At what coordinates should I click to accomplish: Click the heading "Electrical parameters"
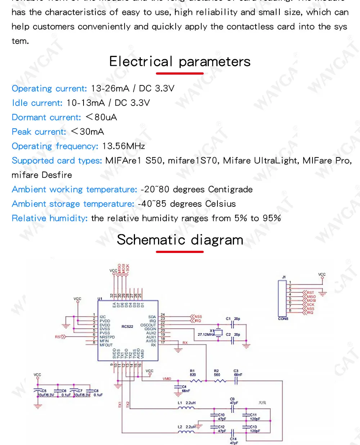pyautogui.click(x=180, y=62)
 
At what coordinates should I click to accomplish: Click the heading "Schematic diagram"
pyautogui.click(x=180, y=240)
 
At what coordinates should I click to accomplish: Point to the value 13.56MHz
pyautogui.click(x=123, y=146)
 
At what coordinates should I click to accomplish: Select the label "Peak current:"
pyautogui.click(x=39, y=132)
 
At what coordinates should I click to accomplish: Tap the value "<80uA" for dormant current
pyautogui.click(x=101, y=117)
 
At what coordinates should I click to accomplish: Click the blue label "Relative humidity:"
pyautogui.click(x=50, y=218)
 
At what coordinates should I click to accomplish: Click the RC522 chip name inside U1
pyautogui.click(x=127, y=327)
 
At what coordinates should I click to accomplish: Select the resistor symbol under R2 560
pyautogui.click(x=219, y=381)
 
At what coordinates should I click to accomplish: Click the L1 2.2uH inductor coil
pyautogui.click(x=186, y=408)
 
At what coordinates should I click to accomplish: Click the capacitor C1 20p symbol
pyautogui.click(x=232, y=325)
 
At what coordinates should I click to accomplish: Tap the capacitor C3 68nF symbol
pyautogui.click(x=236, y=381)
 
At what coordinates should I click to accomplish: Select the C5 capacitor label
pyautogui.click(x=44, y=391)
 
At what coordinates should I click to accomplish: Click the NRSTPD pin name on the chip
pyautogui.click(x=107, y=337)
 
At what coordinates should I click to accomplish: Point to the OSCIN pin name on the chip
pyautogui.click(x=150, y=329)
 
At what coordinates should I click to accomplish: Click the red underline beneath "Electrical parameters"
pyautogui.click(x=180, y=74)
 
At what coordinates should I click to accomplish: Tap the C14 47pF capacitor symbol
pyautogui.click(x=233, y=432)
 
